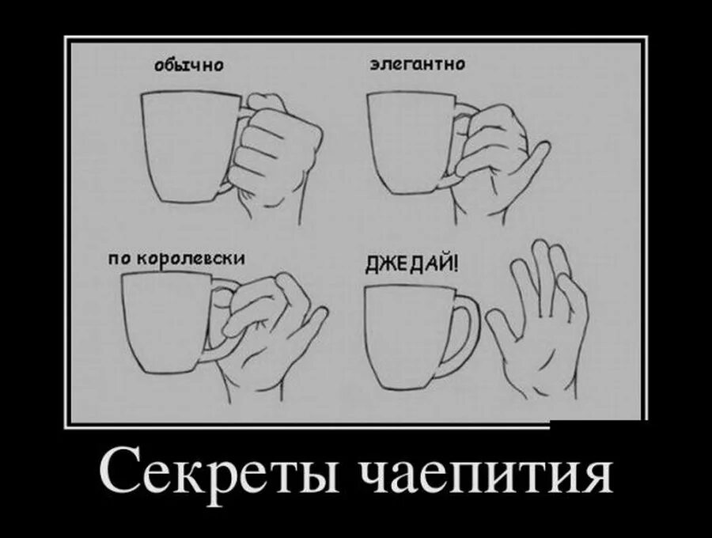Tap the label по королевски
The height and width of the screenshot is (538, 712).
(x=176, y=259)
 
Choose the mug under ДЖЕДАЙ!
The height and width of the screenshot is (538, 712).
(x=407, y=336)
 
